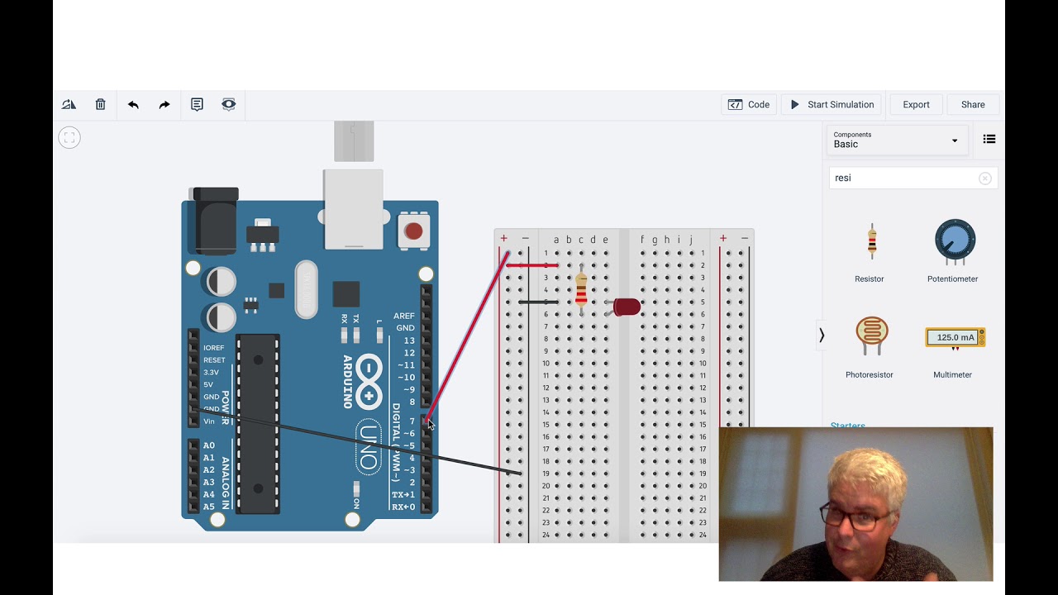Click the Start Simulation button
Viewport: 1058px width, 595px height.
832,105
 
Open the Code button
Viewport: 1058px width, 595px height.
749,105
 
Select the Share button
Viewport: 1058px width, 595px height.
973,105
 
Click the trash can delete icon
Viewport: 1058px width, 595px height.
100,105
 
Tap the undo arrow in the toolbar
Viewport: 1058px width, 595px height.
133,105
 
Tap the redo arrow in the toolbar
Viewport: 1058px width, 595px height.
164,105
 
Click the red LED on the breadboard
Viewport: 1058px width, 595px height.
627,307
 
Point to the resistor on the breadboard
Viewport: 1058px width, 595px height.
581,291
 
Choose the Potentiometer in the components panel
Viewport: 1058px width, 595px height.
955,241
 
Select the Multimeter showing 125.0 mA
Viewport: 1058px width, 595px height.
955,337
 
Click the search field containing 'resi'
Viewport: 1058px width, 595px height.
905,178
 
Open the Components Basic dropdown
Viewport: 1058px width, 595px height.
896,140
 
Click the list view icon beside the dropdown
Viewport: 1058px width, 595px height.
989,140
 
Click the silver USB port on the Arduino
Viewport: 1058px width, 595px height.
353,208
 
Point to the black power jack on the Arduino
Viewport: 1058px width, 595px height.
213,220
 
